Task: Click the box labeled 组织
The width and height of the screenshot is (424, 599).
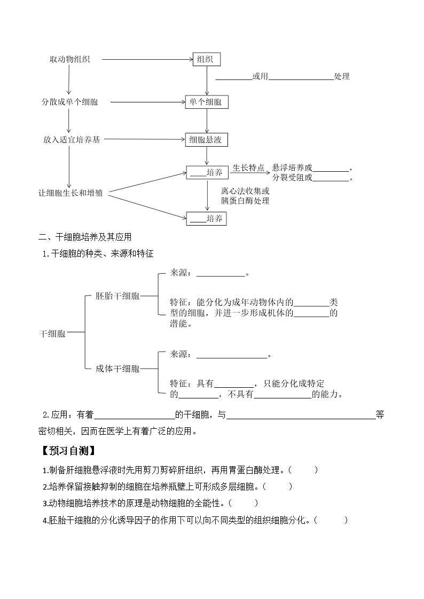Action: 206,60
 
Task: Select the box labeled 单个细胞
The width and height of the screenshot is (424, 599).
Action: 206,102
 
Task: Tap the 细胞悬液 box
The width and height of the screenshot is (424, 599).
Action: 206,140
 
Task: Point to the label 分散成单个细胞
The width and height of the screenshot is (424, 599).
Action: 70,102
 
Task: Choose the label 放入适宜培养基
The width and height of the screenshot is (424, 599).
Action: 72,140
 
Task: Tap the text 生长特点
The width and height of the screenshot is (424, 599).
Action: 248,168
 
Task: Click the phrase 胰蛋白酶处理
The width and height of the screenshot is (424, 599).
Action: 245,201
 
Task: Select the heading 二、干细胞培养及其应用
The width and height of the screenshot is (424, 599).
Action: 85,237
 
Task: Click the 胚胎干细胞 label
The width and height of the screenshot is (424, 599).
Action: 117,295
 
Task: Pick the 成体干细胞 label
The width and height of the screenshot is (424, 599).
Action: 117,368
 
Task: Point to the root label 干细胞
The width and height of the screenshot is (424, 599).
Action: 52,334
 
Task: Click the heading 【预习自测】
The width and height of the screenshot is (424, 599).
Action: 68,451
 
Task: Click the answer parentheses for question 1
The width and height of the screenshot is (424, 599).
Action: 304,470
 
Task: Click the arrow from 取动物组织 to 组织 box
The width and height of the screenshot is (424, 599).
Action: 147,60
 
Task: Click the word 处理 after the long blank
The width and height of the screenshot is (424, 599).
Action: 342,76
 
